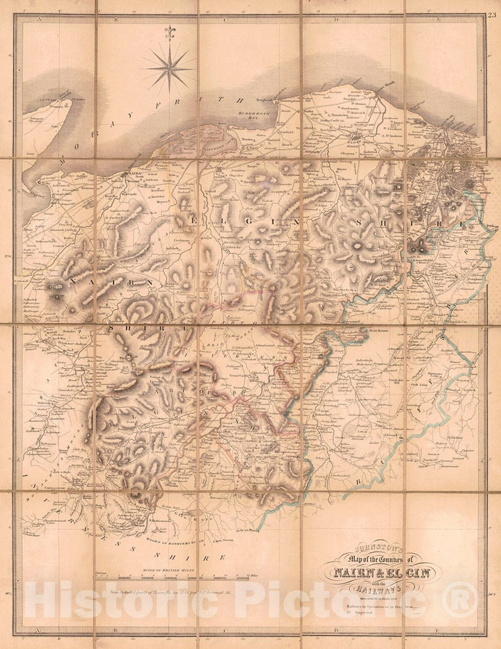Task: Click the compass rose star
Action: click(168, 66)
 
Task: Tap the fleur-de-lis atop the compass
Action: click(168, 33)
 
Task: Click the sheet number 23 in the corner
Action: click(492, 7)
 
